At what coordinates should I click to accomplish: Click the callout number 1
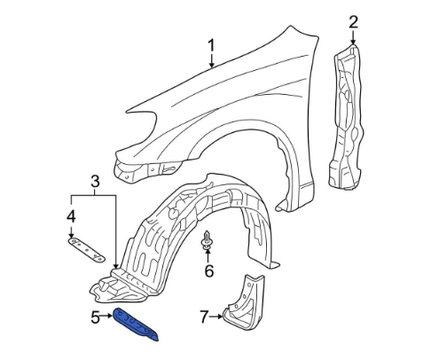click(x=211, y=46)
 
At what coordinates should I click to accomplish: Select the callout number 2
click(x=354, y=22)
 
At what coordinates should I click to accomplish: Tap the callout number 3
click(x=95, y=181)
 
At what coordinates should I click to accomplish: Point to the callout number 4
click(x=71, y=216)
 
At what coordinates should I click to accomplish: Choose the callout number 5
click(x=95, y=317)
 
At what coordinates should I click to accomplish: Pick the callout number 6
click(x=209, y=271)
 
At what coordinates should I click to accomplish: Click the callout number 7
click(x=204, y=317)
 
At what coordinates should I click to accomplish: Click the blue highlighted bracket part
click(x=136, y=325)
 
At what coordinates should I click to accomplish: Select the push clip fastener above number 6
click(x=207, y=239)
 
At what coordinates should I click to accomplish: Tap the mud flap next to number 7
click(x=245, y=303)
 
